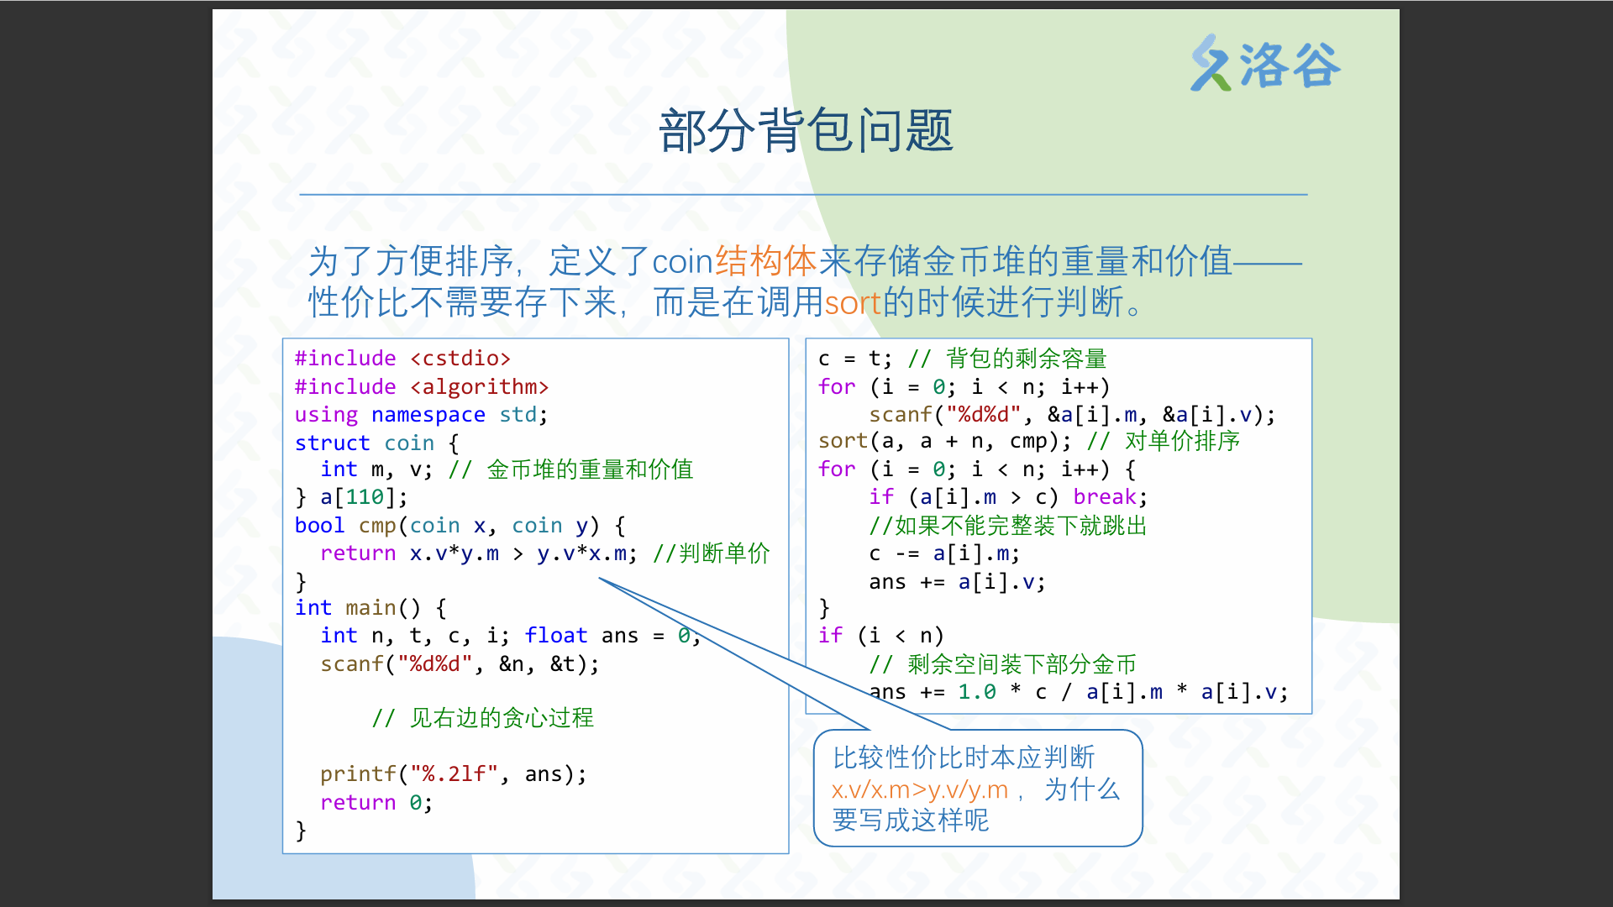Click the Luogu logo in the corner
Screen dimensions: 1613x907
tap(1265, 63)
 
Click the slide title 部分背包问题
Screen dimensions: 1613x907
tap(806, 131)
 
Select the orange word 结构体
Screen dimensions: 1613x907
tap(765, 261)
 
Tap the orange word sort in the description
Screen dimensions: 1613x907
tap(852, 302)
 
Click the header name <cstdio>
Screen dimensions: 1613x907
tap(460, 359)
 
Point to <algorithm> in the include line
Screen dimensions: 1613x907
tap(479, 387)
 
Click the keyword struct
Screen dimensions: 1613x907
tap(332, 443)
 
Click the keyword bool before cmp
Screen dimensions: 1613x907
tap(319, 526)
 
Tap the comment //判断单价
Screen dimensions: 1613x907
tap(712, 553)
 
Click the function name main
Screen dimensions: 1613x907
tap(370, 608)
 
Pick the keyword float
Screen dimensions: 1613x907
tap(556, 636)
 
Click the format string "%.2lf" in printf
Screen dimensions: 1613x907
tap(454, 774)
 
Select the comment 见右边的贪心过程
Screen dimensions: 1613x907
tap(482, 718)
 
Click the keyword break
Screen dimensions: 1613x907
tap(1105, 497)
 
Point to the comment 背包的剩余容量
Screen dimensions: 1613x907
tap(1007, 359)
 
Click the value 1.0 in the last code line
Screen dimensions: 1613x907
tap(977, 692)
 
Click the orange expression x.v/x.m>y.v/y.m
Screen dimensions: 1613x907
tap(919, 790)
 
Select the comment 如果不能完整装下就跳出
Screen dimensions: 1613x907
tap(1008, 526)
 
